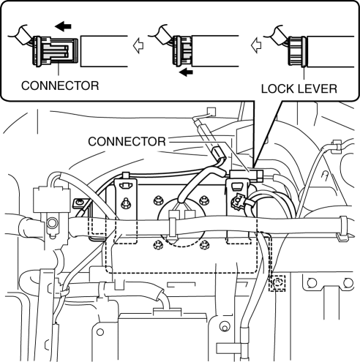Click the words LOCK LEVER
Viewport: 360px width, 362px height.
click(299, 88)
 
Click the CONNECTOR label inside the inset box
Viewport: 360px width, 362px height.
click(60, 86)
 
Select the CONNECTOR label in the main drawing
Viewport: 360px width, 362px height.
click(127, 142)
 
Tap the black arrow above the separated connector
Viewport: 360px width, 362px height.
click(63, 26)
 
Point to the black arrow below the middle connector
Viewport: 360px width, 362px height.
click(186, 72)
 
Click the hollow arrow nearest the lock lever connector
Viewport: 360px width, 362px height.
click(256, 45)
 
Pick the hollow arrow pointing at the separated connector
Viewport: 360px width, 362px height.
click(138, 45)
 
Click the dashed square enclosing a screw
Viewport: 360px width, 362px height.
click(277, 283)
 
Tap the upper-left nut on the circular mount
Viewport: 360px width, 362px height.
click(158, 200)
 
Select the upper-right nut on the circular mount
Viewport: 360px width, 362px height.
click(203, 200)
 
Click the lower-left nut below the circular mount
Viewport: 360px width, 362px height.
click(157, 245)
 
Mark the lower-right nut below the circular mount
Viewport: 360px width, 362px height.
click(204, 245)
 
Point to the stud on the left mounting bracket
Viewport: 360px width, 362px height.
click(125, 203)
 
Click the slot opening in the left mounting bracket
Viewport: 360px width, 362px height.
click(126, 186)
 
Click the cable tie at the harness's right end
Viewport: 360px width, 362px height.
click(343, 227)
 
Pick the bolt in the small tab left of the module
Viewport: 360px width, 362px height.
click(78, 203)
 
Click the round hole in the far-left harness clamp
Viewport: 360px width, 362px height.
click(52, 223)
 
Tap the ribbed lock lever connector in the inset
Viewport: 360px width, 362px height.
click(297, 51)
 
